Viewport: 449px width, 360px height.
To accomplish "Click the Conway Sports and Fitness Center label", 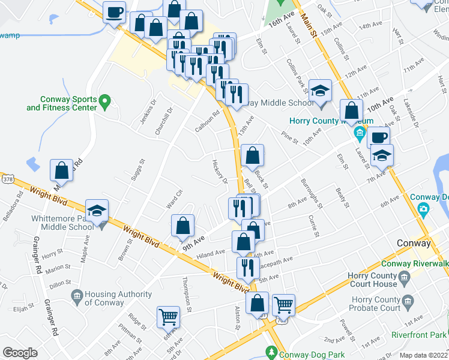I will point(61,103).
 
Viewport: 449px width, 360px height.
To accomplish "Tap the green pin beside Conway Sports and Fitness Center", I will point(105,101).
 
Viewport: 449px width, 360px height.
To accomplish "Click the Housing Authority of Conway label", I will point(118,298).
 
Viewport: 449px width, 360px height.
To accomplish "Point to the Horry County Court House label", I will point(373,280).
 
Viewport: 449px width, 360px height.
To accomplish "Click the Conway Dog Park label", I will point(306,354).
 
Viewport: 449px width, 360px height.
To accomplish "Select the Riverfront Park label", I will point(419,335).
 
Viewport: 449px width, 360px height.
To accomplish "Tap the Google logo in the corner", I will point(20,353).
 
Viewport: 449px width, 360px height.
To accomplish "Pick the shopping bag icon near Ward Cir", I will point(182,226).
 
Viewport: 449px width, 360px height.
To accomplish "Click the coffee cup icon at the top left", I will point(114,11).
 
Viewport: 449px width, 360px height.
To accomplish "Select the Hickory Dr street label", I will point(219,172).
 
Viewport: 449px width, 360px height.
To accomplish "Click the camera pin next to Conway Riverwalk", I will point(423,211).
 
